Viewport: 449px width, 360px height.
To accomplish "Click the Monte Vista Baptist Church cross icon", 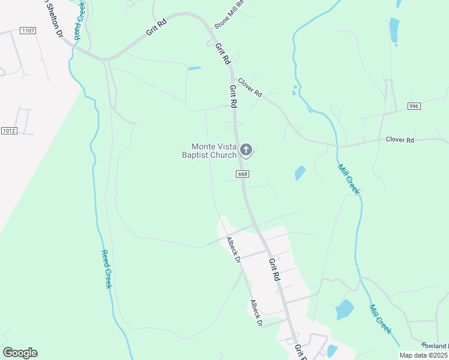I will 246,149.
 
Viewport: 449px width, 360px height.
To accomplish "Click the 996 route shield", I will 414,106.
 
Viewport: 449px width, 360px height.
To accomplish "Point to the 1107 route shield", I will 28,30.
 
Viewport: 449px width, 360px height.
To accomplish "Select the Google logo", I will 20,353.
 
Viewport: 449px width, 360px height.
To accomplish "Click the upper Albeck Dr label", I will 233,251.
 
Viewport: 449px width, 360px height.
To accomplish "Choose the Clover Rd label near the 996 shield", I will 400,140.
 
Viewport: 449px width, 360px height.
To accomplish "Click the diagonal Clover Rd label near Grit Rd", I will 250,88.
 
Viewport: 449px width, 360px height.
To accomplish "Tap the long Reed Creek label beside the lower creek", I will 107,269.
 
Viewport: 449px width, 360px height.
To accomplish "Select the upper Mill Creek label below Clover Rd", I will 348,179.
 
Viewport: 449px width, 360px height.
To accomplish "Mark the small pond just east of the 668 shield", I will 300,173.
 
